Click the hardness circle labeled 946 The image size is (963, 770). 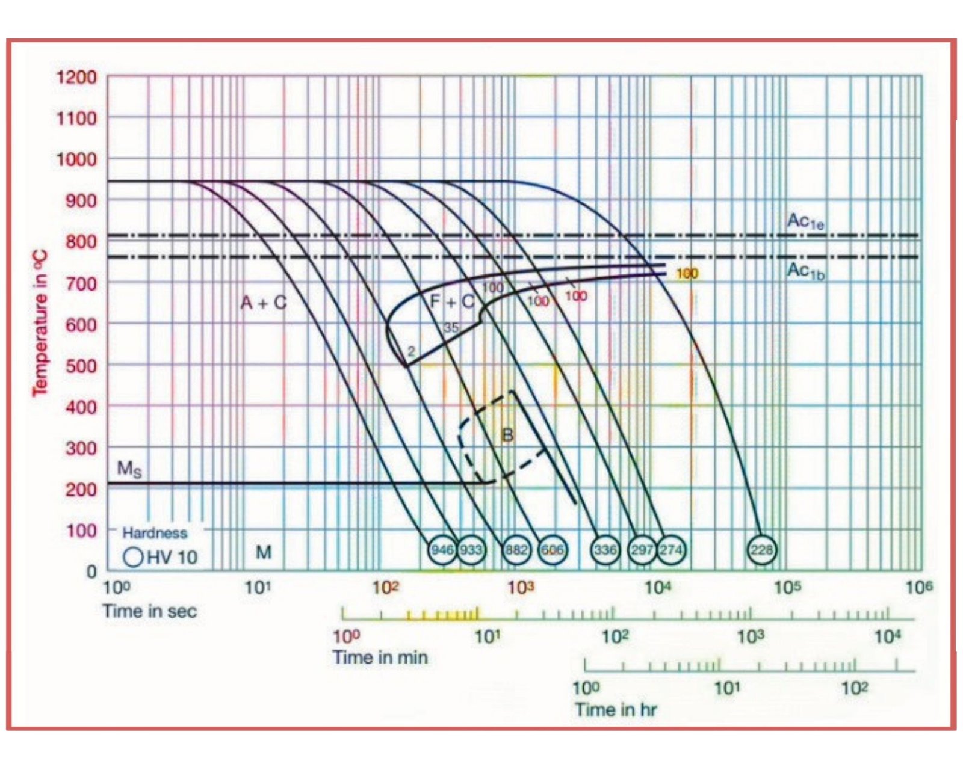tap(442, 549)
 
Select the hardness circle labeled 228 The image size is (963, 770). tap(762, 549)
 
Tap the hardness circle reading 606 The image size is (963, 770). tap(552, 549)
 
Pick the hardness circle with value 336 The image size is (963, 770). tap(605, 549)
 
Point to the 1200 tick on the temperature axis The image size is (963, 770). tap(76, 77)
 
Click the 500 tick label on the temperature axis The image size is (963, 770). tap(81, 366)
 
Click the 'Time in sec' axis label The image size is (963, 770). tap(149, 611)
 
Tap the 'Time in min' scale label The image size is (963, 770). tap(380, 657)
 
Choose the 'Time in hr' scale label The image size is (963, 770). tap(615, 710)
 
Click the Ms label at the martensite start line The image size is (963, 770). tap(129, 469)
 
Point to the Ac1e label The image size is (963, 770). tap(805, 221)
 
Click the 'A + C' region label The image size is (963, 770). tap(264, 303)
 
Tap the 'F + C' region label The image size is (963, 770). tap(452, 301)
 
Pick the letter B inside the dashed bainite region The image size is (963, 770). tap(507, 435)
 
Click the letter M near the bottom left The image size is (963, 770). tap(264, 552)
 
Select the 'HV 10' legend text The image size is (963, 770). tap(172, 557)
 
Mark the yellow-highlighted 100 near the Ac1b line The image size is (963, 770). tap(687, 274)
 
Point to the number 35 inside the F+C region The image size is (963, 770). tap(451, 328)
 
